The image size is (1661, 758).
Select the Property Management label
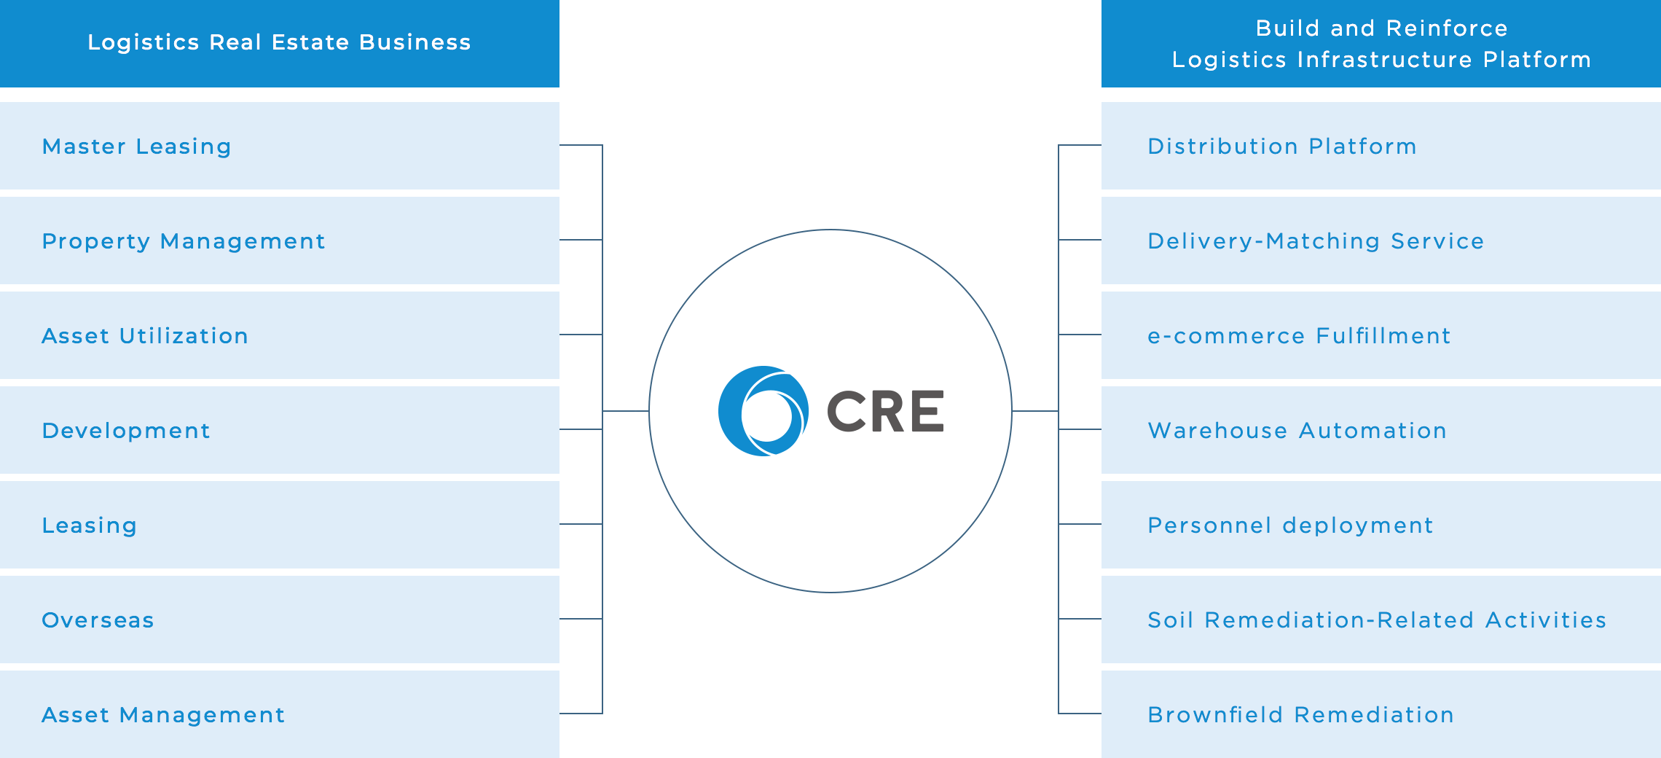(184, 241)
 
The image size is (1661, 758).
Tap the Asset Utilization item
(145, 336)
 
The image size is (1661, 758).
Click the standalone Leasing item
(90, 525)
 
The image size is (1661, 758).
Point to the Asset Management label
(163, 715)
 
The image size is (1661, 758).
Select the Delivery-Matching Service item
(1316, 241)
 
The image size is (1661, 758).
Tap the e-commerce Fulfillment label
(1299, 336)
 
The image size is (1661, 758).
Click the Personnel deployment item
(1290, 525)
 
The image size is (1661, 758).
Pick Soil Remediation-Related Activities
(1377, 620)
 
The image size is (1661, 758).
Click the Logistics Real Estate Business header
(279, 42)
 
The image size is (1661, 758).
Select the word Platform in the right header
(1536, 60)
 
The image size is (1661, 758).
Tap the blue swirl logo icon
(763, 411)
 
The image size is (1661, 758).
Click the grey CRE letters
(885, 412)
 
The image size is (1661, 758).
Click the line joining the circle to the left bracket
(626, 411)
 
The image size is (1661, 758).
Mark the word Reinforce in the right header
(1447, 28)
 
